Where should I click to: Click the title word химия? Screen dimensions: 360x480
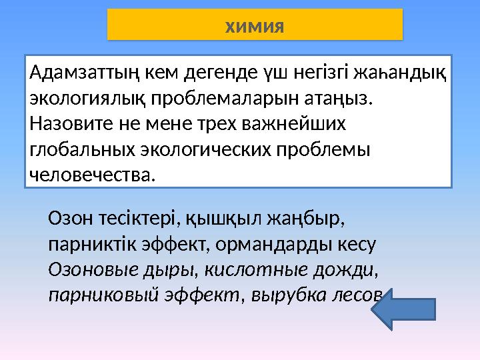(255, 26)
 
